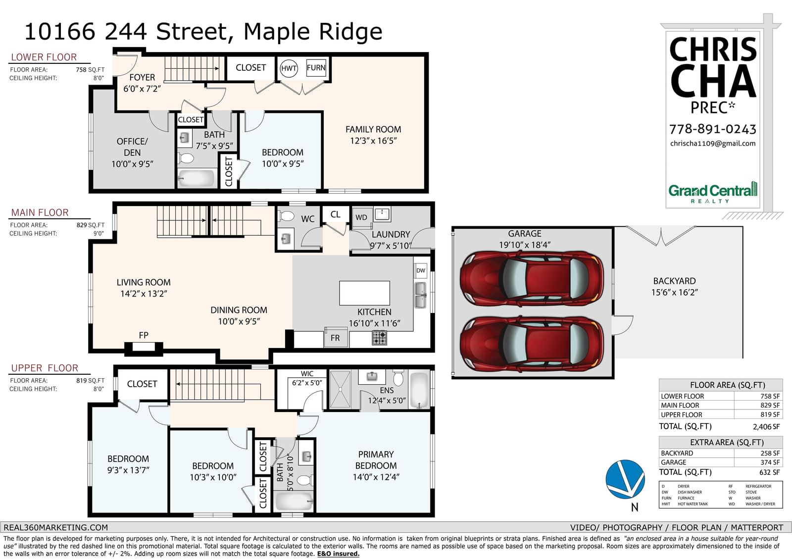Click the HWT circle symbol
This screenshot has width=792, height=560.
(289, 68)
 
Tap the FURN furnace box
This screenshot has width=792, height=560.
(316, 67)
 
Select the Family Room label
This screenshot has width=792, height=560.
(373, 135)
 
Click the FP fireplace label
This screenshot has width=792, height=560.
(144, 335)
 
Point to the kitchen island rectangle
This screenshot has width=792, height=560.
(364, 293)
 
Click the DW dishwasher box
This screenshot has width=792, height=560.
(420, 271)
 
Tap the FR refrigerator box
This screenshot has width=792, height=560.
(336, 338)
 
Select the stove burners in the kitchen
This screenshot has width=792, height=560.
(379, 338)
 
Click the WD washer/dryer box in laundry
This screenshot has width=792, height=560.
(361, 217)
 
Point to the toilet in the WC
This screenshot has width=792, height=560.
(287, 216)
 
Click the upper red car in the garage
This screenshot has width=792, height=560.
(532, 278)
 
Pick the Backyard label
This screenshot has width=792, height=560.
(674, 287)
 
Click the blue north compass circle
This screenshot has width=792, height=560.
(625, 479)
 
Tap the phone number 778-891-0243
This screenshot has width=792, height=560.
(712, 129)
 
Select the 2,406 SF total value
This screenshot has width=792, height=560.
(766, 427)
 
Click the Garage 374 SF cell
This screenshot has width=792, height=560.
(770, 462)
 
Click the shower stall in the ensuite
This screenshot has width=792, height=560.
(340, 389)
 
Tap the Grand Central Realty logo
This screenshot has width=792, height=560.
(713, 193)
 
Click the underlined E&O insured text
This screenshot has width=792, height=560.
(338, 554)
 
